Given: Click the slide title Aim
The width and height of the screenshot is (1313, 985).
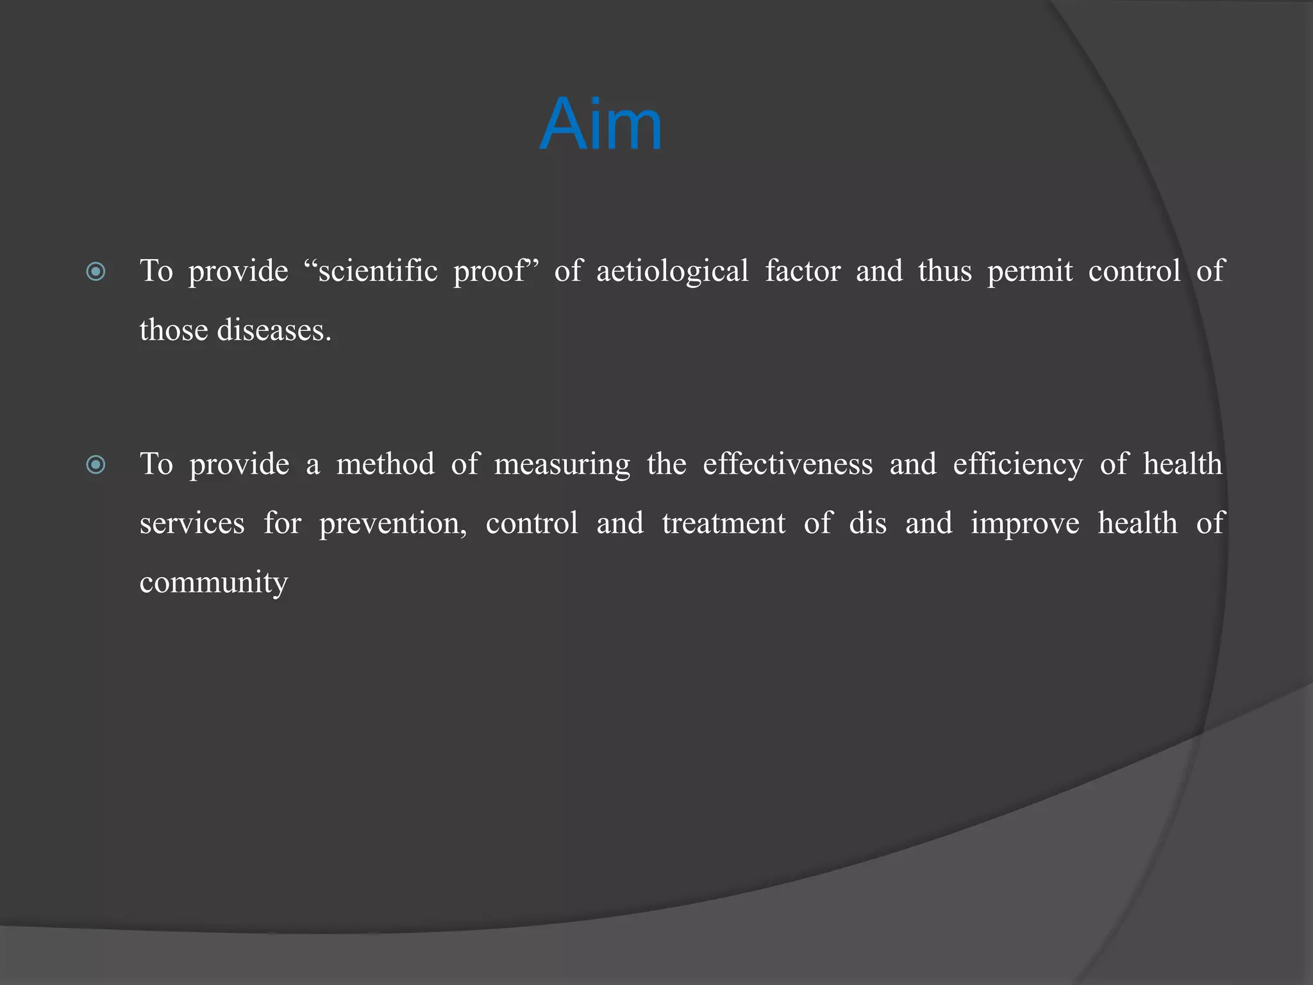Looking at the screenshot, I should coord(601,124).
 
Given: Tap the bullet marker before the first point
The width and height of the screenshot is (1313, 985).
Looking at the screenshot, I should coord(96,272).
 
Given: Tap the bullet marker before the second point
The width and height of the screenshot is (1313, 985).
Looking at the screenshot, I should coord(96,464).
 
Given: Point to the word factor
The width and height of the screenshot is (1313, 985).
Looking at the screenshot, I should coord(802,271).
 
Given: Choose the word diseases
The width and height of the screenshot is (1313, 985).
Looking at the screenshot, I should coord(274,330).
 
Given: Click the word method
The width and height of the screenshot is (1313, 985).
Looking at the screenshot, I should coord(385,464).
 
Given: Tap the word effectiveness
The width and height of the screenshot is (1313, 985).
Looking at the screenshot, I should coord(787,464).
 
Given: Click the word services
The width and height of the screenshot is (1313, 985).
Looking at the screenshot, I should coord(192,523).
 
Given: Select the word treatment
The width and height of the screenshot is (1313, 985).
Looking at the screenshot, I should coord(723,523).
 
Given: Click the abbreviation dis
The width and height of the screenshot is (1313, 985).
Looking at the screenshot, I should coord(867,523).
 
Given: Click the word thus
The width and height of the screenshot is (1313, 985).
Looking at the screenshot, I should coord(944,271).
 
